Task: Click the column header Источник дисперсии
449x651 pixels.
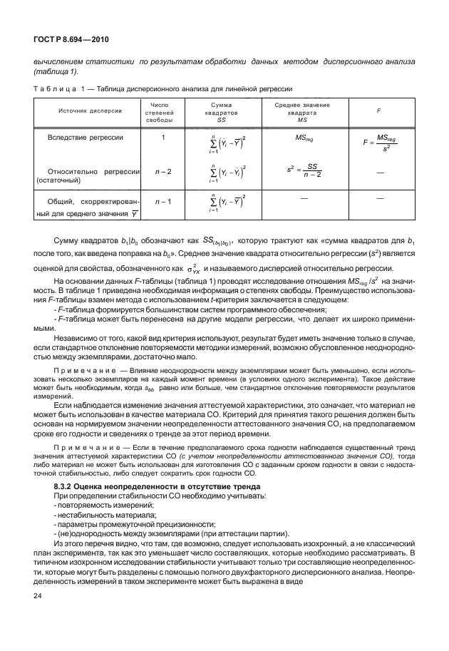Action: coord(84,111)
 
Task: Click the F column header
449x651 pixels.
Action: coord(378,111)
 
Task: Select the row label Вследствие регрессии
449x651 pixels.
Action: coord(85,137)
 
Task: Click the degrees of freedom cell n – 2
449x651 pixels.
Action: coord(163,172)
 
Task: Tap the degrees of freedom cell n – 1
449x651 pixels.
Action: coord(163,202)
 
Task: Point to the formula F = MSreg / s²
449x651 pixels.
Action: coord(378,142)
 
